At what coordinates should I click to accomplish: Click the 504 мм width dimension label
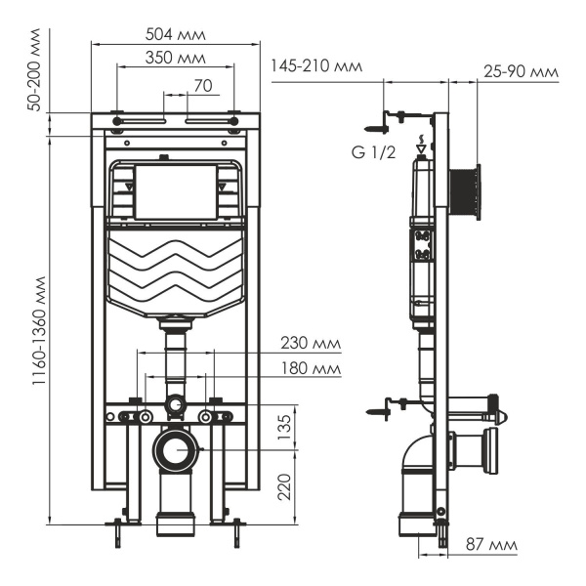tap(175, 34)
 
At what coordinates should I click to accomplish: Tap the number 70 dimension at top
tap(202, 86)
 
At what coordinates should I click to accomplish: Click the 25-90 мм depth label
tap(520, 70)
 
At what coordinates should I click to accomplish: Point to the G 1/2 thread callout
tap(373, 152)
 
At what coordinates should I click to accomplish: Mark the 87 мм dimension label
tap(492, 543)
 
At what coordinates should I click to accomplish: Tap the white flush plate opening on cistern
tap(177, 191)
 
